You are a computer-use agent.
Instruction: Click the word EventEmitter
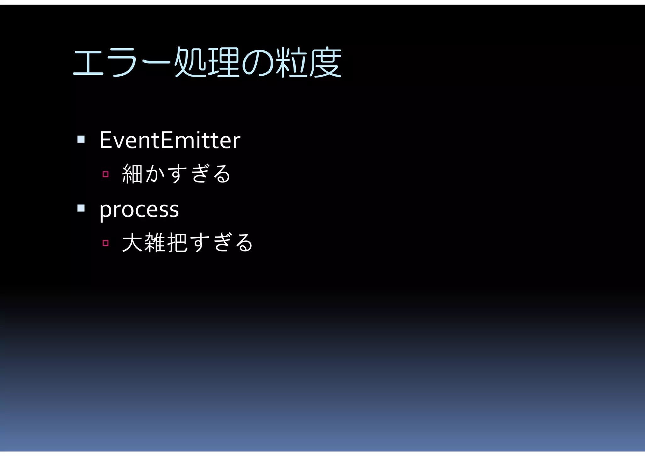point(170,140)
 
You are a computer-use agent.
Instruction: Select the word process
point(139,210)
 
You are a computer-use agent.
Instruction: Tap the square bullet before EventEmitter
point(81,139)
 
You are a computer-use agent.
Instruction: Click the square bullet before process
point(81,208)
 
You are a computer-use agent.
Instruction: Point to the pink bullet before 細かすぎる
point(106,174)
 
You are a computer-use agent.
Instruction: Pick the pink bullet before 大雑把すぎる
point(106,243)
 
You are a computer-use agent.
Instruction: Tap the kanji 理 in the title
point(224,62)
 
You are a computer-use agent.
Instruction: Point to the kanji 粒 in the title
point(291,62)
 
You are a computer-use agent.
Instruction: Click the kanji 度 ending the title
point(325,62)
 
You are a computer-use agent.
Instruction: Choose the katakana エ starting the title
point(88,63)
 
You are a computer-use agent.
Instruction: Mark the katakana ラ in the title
point(122,63)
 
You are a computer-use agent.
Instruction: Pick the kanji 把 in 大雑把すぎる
point(177,243)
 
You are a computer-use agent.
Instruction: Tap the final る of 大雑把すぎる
point(244,243)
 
